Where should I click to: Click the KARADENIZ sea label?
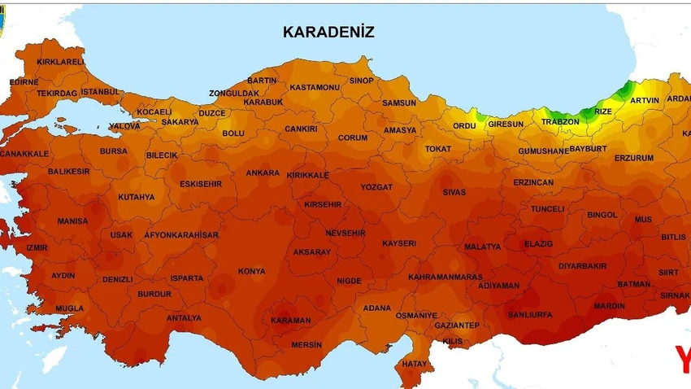pyautogui.click(x=328, y=32)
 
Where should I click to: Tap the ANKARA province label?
pyautogui.click(x=263, y=173)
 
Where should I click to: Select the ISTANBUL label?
pyautogui.click(x=101, y=91)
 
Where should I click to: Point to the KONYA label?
pyautogui.click(x=251, y=271)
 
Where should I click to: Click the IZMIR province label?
pyautogui.click(x=37, y=247)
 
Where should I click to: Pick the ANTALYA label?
pyautogui.click(x=184, y=318)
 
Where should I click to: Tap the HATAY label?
pyautogui.click(x=414, y=363)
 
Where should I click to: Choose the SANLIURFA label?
pyautogui.click(x=529, y=314)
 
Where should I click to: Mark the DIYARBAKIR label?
pyautogui.click(x=582, y=266)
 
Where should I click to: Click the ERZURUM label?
pyautogui.click(x=633, y=158)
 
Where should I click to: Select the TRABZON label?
pyautogui.click(x=560, y=122)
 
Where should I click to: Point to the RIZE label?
pyautogui.click(x=603, y=111)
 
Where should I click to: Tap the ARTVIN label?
pyautogui.click(x=645, y=100)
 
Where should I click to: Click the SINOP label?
pyautogui.click(x=361, y=81)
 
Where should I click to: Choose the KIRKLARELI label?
pyautogui.click(x=60, y=62)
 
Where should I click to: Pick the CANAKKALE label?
pyautogui.click(x=24, y=153)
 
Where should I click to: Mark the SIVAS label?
pyautogui.click(x=454, y=192)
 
